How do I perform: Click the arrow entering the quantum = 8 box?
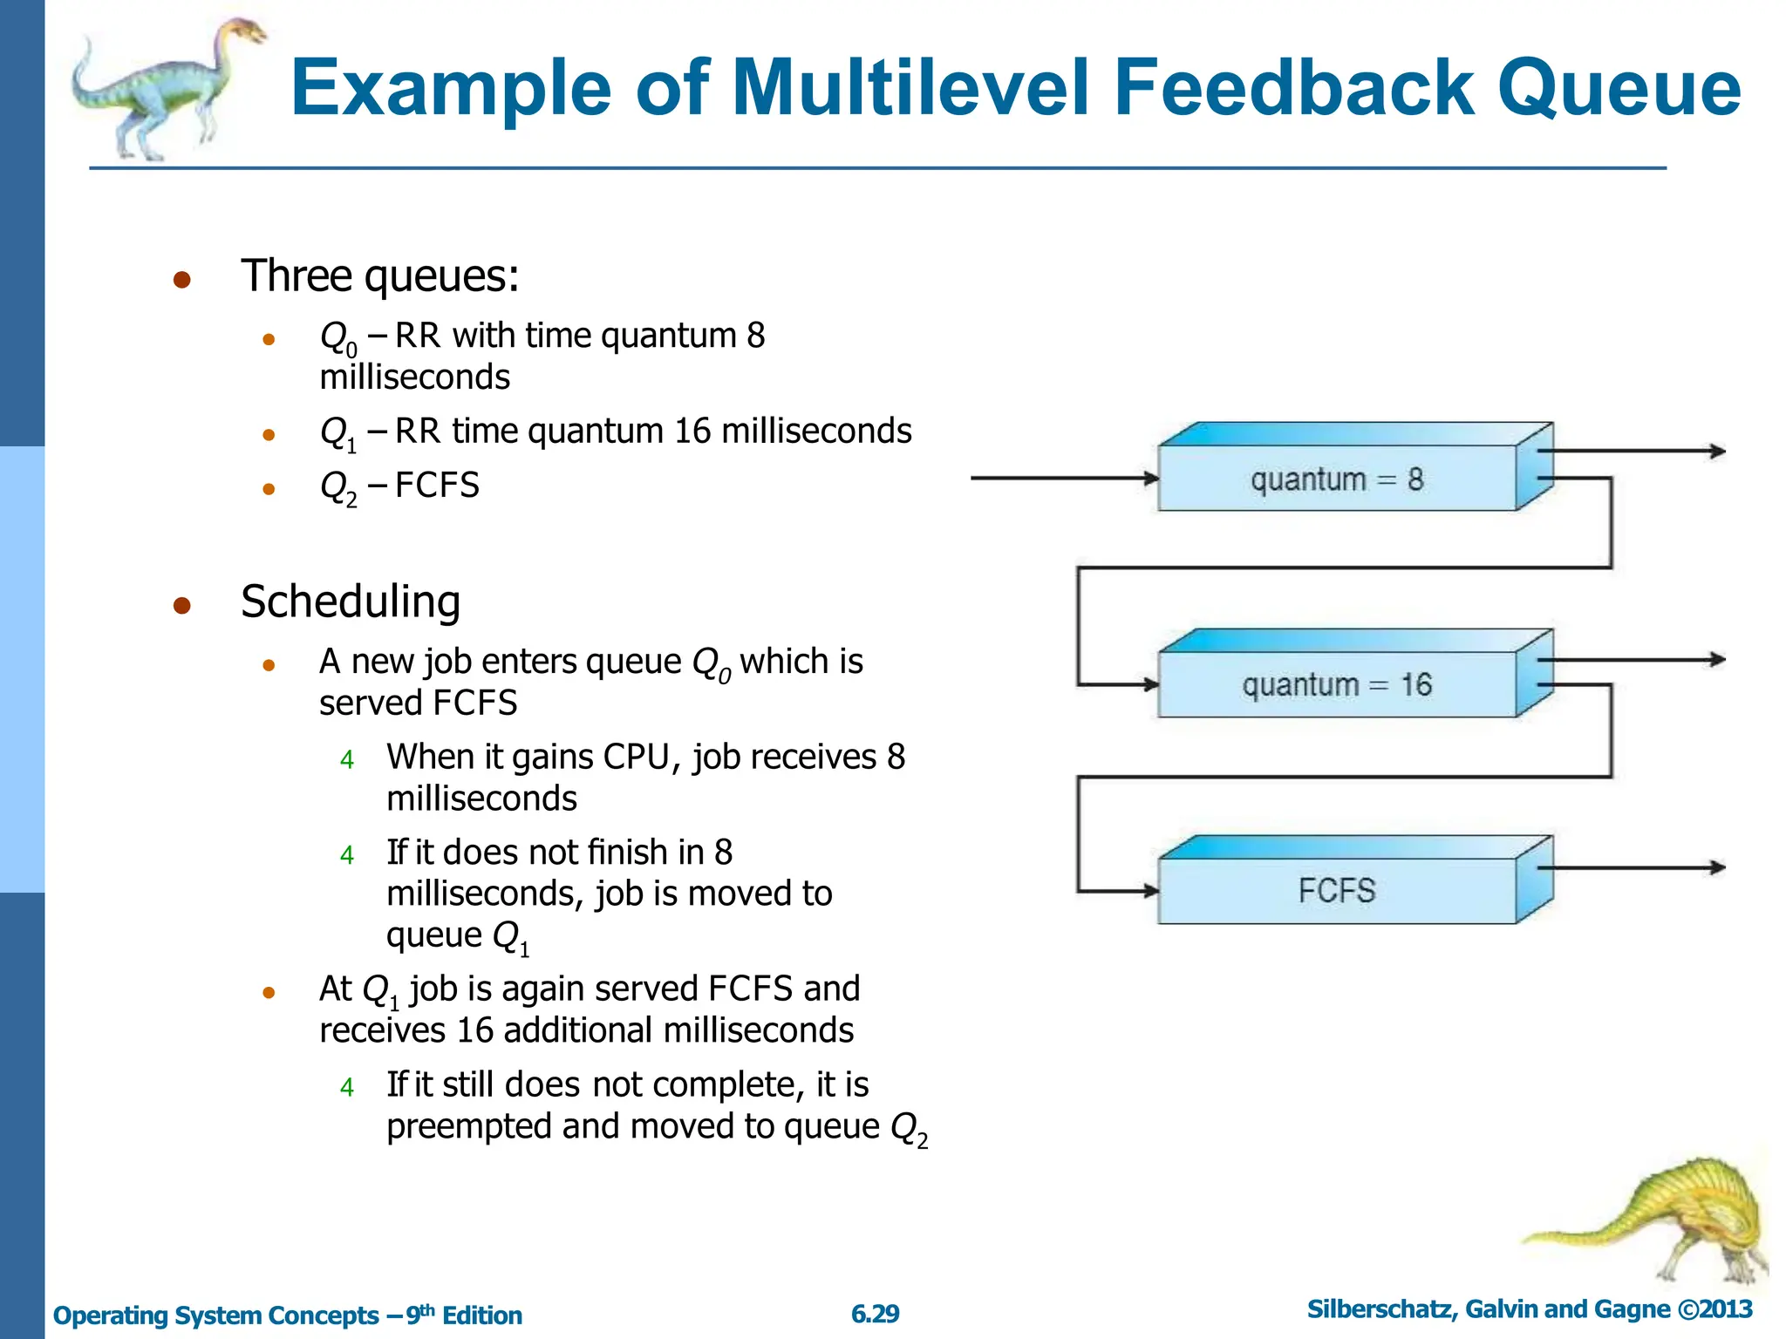[1064, 478]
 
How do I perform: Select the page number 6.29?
[875, 1314]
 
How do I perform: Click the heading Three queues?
[380, 275]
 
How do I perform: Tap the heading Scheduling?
[351, 602]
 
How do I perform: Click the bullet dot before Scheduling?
[181, 605]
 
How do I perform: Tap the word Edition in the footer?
[482, 1315]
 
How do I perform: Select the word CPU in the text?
[637, 757]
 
